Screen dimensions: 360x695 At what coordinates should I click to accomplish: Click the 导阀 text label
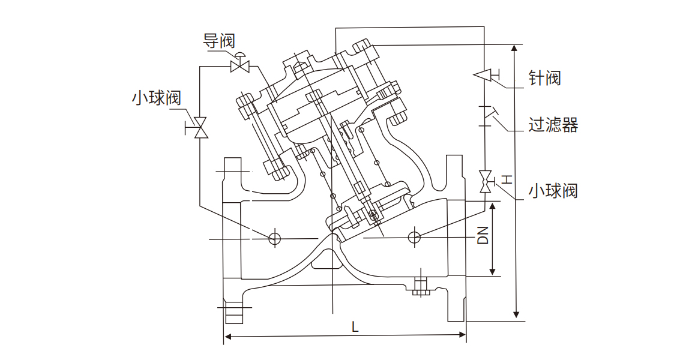pyautogui.click(x=219, y=41)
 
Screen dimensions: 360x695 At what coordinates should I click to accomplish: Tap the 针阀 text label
pyautogui.click(x=544, y=77)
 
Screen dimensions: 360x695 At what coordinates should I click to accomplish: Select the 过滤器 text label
pyautogui.click(x=553, y=125)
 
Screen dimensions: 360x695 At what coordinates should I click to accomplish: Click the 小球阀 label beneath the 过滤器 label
pyautogui.click(x=553, y=191)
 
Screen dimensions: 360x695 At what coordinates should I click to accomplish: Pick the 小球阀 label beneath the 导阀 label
pyautogui.click(x=156, y=98)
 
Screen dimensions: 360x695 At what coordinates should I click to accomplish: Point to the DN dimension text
pyautogui.click(x=483, y=235)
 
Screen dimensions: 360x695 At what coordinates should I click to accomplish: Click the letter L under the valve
pyautogui.click(x=355, y=327)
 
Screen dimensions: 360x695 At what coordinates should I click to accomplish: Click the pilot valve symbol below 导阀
pyautogui.click(x=241, y=64)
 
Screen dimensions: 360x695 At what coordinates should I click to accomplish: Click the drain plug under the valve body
pyautogui.click(x=420, y=287)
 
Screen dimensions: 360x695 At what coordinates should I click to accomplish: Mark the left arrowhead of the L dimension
pyautogui.click(x=227, y=337)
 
